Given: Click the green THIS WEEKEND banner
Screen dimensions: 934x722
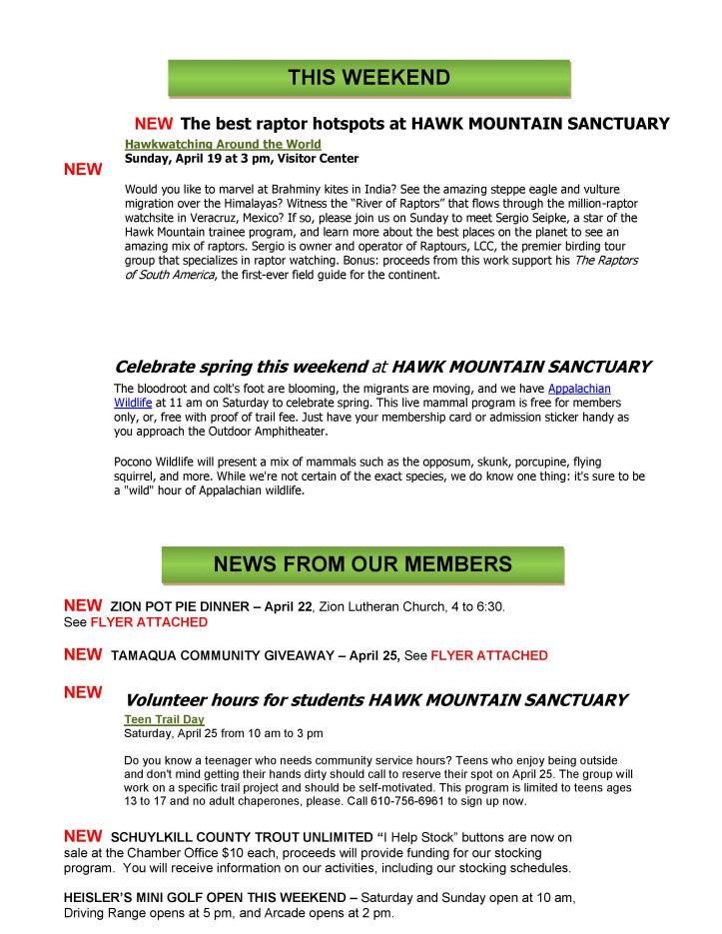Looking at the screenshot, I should (368, 78).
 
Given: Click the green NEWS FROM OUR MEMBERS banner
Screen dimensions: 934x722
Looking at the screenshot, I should (362, 564).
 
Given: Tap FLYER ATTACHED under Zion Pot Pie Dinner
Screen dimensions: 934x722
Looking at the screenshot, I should (149, 622).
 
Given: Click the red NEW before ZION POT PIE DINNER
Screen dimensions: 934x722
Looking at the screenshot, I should (82, 605).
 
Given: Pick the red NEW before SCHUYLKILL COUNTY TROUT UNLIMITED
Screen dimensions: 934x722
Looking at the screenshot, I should (82, 835).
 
